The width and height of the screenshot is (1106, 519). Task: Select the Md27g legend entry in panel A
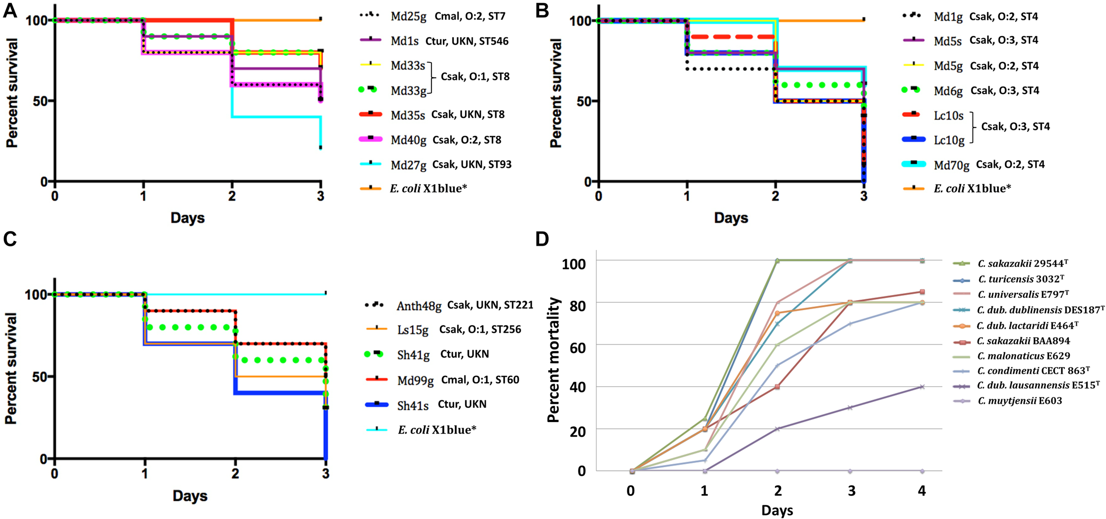(x=408, y=165)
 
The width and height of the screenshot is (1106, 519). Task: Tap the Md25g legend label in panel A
(x=408, y=17)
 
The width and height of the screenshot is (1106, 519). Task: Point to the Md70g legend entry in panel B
(x=951, y=165)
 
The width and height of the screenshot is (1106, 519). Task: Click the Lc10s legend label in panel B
(x=949, y=116)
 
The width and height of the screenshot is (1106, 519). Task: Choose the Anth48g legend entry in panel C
(x=419, y=306)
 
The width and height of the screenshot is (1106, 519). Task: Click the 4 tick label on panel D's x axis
(x=922, y=490)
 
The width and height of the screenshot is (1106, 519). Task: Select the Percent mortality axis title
(x=553, y=360)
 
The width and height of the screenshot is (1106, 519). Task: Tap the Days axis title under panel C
(x=190, y=496)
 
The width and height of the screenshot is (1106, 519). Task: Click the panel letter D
(x=542, y=239)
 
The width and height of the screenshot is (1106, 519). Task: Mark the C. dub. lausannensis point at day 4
(x=922, y=387)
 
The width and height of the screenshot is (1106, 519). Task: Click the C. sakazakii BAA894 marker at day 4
(x=922, y=292)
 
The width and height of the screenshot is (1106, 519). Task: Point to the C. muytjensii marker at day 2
(x=777, y=471)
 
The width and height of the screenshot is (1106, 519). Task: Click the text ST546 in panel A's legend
(x=494, y=42)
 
